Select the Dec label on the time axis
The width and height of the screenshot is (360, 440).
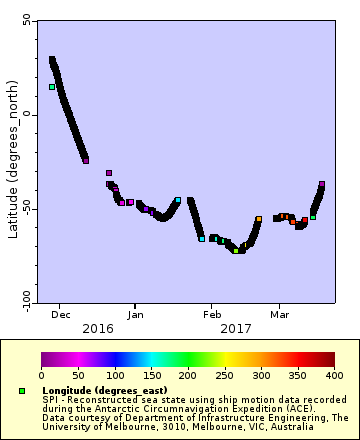pyautogui.click(x=60, y=313)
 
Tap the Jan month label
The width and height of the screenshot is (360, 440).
pyautogui.click(x=133, y=313)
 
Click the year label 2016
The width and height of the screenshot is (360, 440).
pyautogui.click(x=97, y=328)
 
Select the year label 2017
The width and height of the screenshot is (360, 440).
pyautogui.click(x=236, y=328)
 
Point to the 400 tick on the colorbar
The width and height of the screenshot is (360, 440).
pyautogui.click(x=334, y=375)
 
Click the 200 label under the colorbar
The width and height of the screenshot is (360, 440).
pyautogui.click(x=188, y=375)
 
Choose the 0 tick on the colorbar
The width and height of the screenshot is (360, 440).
pyautogui.click(x=41, y=375)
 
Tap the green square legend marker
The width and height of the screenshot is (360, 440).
pyautogui.click(x=22, y=390)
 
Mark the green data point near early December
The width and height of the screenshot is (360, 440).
pyautogui.click(x=52, y=87)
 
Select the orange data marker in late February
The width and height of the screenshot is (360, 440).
pyautogui.click(x=258, y=219)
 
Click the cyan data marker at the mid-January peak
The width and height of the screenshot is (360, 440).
pyautogui.click(x=177, y=200)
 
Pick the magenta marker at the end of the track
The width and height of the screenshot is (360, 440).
pyautogui.click(x=322, y=184)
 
